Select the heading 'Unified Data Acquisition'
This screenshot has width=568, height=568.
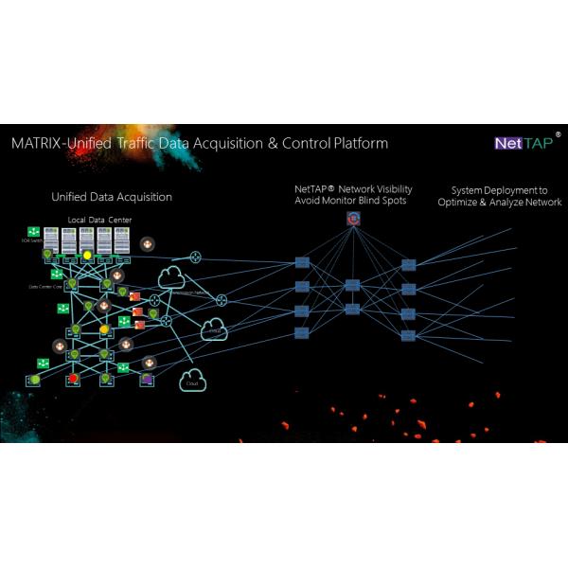(112, 197)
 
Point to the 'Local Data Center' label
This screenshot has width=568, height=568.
(99, 221)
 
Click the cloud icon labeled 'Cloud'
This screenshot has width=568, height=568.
(193, 381)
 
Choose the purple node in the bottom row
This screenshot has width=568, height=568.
(148, 380)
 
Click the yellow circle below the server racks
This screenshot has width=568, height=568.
(87, 255)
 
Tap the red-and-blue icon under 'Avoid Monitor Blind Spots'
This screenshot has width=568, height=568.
(353, 220)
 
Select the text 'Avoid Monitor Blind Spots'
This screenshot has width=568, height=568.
(352, 201)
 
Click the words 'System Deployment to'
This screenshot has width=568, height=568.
(499, 190)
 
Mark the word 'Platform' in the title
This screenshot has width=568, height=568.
(361, 144)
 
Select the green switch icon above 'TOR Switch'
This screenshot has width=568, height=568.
(32, 232)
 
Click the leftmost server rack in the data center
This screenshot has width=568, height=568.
(50, 240)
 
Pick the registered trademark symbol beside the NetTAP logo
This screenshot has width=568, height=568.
(558, 135)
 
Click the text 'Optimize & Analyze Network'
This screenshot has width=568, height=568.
(499, 203)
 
